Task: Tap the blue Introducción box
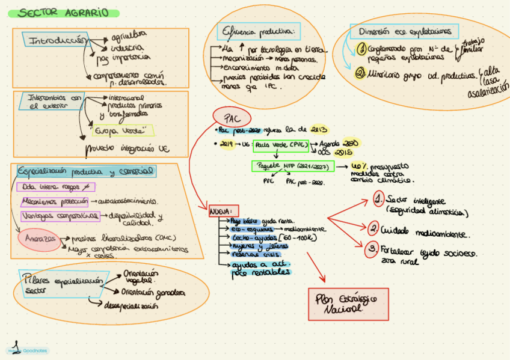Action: (x=55, y=40)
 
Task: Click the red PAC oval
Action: (x=232, y=117)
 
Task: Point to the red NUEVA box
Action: (x=223, y=212)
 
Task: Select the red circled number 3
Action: (x=373, y=249)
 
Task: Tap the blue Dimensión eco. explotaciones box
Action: (x=404, y=31)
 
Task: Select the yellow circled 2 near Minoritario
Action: (x=361, y=73)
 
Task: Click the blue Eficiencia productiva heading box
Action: (x=259, y=31)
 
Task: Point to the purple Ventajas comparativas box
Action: (x=60, y=216)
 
